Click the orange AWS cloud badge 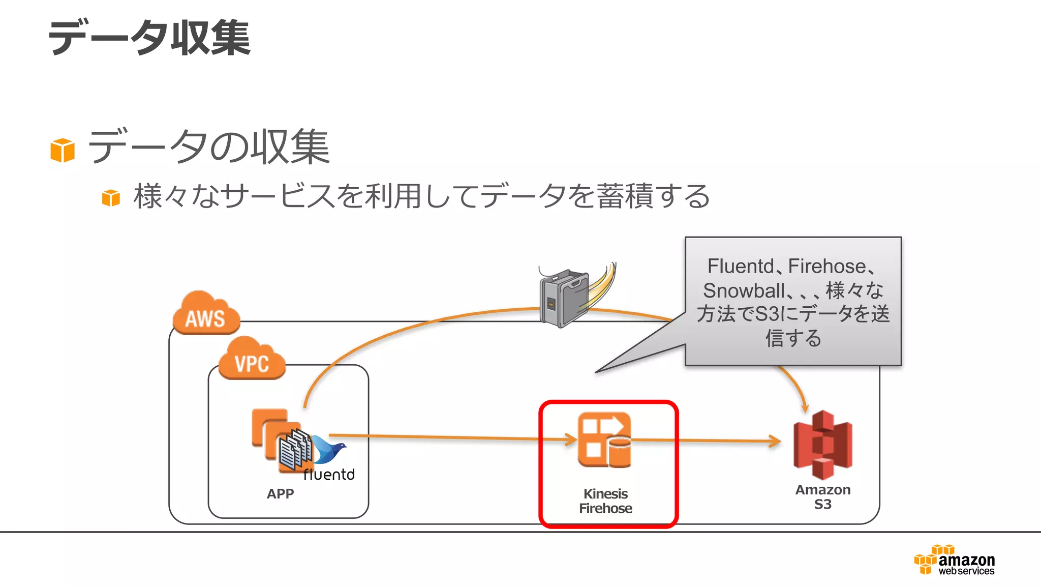click(x=205, y=314)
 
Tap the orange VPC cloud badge click(x=252, y=360)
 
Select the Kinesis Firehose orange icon click(x=604, y=440)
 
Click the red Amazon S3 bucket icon click(x=822, y=445)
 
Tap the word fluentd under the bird click(x=329, y=475)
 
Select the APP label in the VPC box click(x=280, y=493)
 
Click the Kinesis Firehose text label click(x=605, y=501)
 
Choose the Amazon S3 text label click(x=822, y=497)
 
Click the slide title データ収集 click(x=149, y=38)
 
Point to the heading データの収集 click(x=208, y=147)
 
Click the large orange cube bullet click(x=63, y=151)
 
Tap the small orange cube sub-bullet click(x=111, y=198)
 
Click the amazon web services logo click(x=955, y=561)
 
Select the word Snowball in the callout click(x=744, y=291)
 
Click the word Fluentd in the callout click(x=740, y=266)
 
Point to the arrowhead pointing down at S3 click(x=805, y=407)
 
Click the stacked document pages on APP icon click(x=295, y=449)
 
